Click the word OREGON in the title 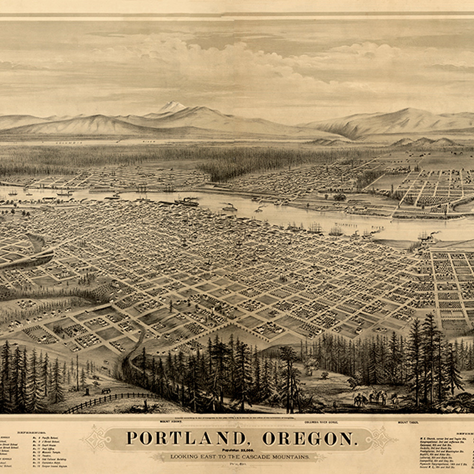point(309,438)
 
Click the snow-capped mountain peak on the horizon point(172,107)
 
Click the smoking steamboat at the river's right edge point(427,237)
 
